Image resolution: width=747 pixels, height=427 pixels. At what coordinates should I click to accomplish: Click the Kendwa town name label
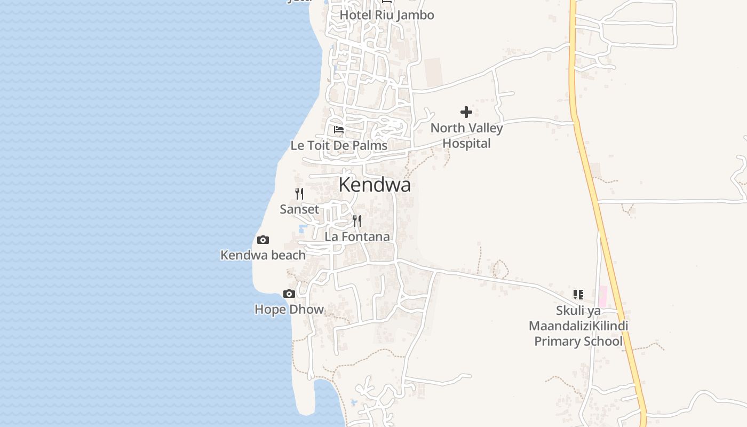(375, 185)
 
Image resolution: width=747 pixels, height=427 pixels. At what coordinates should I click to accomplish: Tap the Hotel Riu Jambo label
(387, 15)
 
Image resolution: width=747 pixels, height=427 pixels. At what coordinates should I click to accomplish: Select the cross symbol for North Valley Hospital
(466, 112)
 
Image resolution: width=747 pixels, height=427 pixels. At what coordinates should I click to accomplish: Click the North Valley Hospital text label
(466, 136)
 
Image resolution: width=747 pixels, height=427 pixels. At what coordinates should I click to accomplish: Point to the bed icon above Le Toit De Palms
(339, 129)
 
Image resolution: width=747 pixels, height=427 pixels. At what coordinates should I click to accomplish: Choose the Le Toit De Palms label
(339, 145)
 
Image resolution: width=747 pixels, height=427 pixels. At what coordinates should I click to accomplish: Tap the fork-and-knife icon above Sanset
(299, 194)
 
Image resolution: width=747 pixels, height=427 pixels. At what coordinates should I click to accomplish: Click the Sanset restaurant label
(299, 209)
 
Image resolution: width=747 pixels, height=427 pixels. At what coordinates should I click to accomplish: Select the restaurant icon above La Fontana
(357, 221)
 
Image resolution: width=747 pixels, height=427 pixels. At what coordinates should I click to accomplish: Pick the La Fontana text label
(357, 236)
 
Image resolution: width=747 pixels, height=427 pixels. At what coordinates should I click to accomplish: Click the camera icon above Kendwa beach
(263, 240)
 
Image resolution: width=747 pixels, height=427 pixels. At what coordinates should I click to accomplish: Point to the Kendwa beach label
(263, 255)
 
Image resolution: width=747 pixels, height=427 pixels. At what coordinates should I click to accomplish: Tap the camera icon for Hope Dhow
(289, 294)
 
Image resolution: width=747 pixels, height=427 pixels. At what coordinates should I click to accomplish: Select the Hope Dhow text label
(289, 310)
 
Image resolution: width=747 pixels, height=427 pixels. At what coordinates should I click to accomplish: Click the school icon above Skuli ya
(578, 295)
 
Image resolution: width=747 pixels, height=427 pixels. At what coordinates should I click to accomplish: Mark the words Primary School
(578, 342)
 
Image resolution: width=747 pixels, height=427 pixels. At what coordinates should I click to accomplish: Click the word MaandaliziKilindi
(578, 326)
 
